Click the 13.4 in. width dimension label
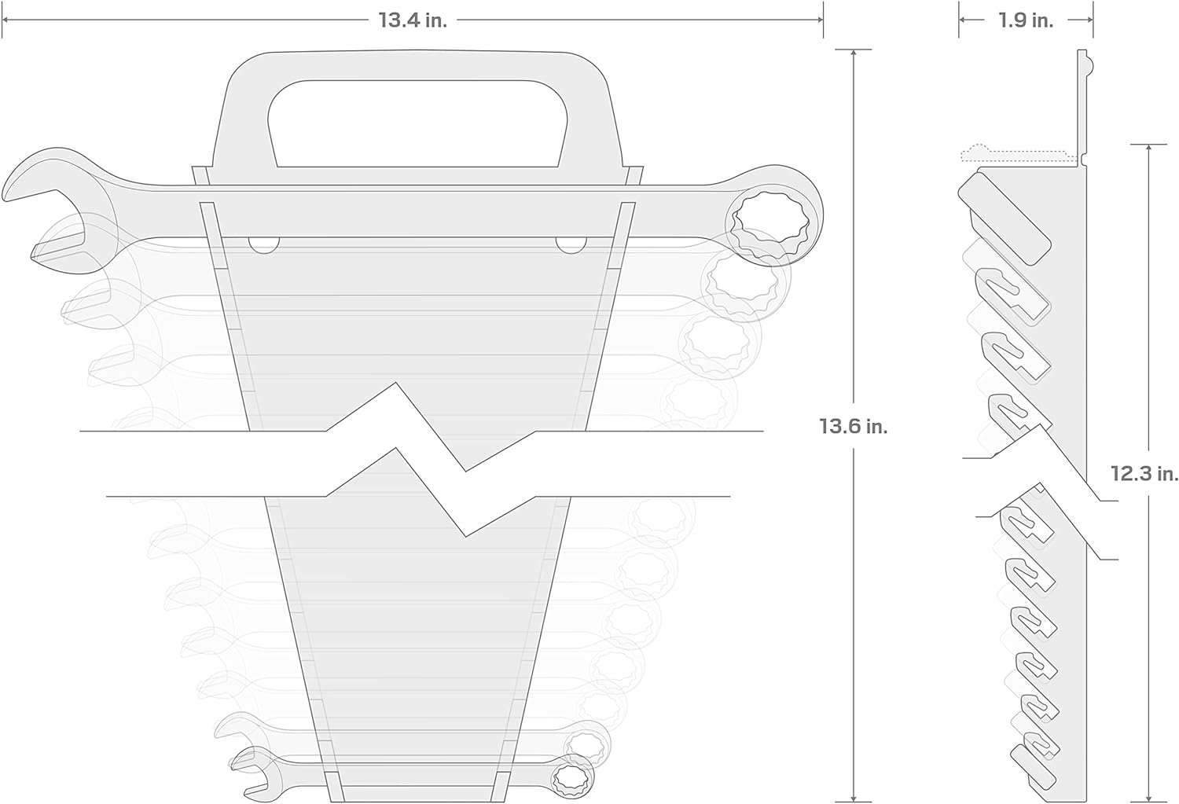point(413,20)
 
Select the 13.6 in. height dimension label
point(853,426)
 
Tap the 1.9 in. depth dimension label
point(1026,20)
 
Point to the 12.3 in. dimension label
point(1144,474)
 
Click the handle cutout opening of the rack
point(417,123)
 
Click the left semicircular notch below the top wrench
point(263,245)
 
